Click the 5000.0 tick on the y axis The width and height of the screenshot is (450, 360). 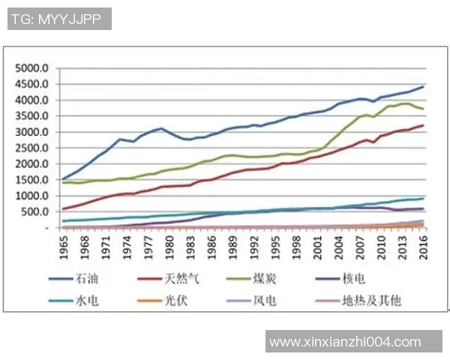point(34,68)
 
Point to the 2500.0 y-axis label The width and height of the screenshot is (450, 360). point(34,148)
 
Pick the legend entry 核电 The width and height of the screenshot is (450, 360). point(354,280)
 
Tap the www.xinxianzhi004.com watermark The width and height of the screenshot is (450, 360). point(346,342)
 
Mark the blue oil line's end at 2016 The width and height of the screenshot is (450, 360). point(424,87)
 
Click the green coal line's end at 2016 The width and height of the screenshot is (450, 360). point(424,109)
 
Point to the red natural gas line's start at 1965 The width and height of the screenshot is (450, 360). point(63,208)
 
